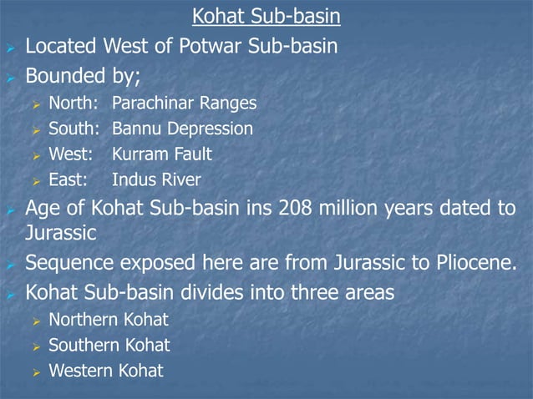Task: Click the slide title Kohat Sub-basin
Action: point(266,16)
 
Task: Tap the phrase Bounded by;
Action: point(83,78)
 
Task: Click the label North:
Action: point(74,104)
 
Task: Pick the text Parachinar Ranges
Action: point(184,104)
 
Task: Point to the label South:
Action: point(74,129)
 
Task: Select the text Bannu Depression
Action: point(182,129)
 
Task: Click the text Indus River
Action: point(156,179)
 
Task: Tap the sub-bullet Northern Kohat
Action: point(109,320)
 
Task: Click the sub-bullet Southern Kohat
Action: point(109,345)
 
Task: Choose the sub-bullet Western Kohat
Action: point(106,370)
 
